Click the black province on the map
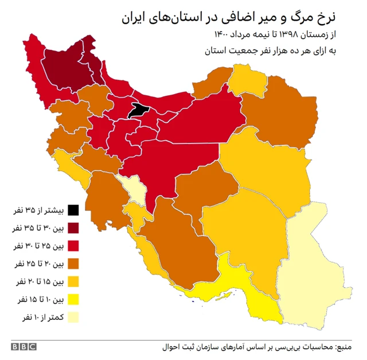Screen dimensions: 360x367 point(137,110)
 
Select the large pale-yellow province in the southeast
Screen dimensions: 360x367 point(313,258)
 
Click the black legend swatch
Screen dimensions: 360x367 point(73,210)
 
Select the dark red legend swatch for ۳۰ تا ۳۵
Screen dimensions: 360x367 point(73,228)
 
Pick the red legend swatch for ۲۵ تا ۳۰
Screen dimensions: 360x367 point(73,246)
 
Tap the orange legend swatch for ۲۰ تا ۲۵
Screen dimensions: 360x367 point(73,264)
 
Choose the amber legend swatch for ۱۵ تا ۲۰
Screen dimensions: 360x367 point(73,281)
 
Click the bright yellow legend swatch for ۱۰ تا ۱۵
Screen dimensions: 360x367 point(73,299)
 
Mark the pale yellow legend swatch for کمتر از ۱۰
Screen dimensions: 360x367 point(73,317)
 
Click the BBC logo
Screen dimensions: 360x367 point(23,346)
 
